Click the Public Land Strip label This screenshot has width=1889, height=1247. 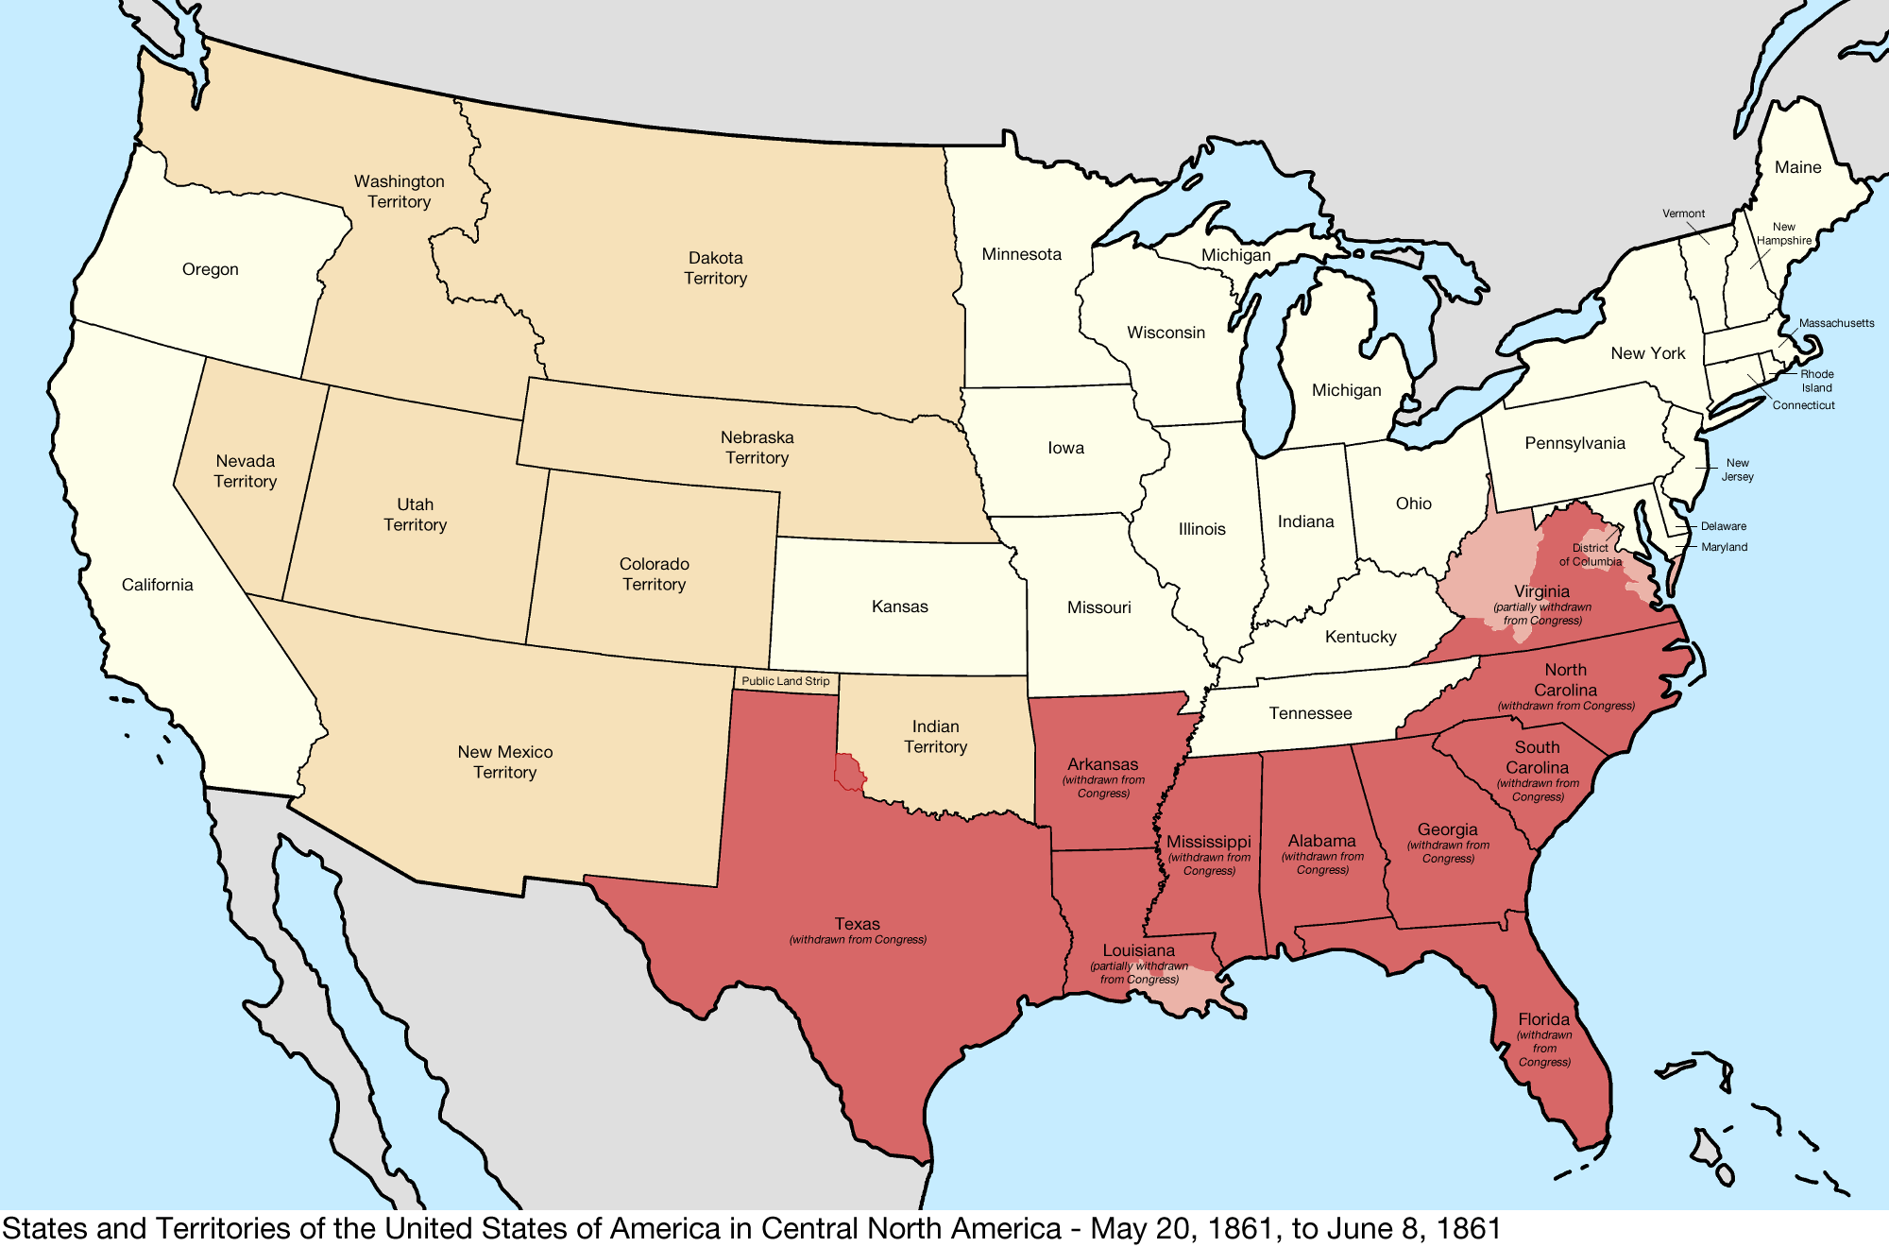pos(785,681)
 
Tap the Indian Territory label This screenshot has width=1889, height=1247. pos(935,737)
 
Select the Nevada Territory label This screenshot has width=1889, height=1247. pos(246,471)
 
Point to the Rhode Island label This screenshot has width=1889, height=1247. pos(1816,381)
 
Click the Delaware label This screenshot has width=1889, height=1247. pos(1723,526)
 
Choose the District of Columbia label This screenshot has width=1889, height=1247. pos(1591,555)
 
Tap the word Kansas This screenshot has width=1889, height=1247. pos(899,606)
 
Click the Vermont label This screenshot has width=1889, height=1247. pos(1683,214)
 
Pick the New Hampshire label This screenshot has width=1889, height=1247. pos(1783,233)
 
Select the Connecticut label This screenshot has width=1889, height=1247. pos(1803,405)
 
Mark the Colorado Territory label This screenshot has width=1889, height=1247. pos(654,574)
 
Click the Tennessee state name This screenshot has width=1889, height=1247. pos(1310,713)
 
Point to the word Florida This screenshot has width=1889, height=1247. pos(1543,1019)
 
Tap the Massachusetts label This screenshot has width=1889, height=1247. pos(1836,323)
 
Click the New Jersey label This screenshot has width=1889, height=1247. pos(1737,470)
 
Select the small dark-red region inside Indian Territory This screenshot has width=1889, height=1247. pos(849,772)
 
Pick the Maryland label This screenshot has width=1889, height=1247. pos(1724,547)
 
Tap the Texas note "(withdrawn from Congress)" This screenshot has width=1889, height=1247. pos(858,940)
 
